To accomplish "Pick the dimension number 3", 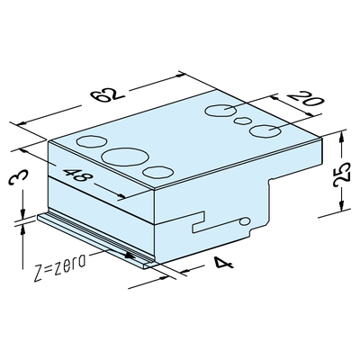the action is [19, 177].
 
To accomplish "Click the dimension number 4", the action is [223, 264].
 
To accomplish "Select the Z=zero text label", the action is [59, 267].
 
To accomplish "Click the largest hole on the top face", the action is [125, 157].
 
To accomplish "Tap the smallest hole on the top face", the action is [242, 121].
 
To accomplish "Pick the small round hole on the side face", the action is [245, 221].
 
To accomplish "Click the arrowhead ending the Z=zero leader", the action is [130, 256].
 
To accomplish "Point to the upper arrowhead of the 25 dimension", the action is [342, 138].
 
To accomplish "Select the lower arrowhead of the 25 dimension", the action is [342, 205].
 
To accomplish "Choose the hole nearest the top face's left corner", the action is [92, 141].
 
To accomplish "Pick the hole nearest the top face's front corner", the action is [158, 172].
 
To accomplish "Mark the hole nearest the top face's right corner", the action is [265, 131].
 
